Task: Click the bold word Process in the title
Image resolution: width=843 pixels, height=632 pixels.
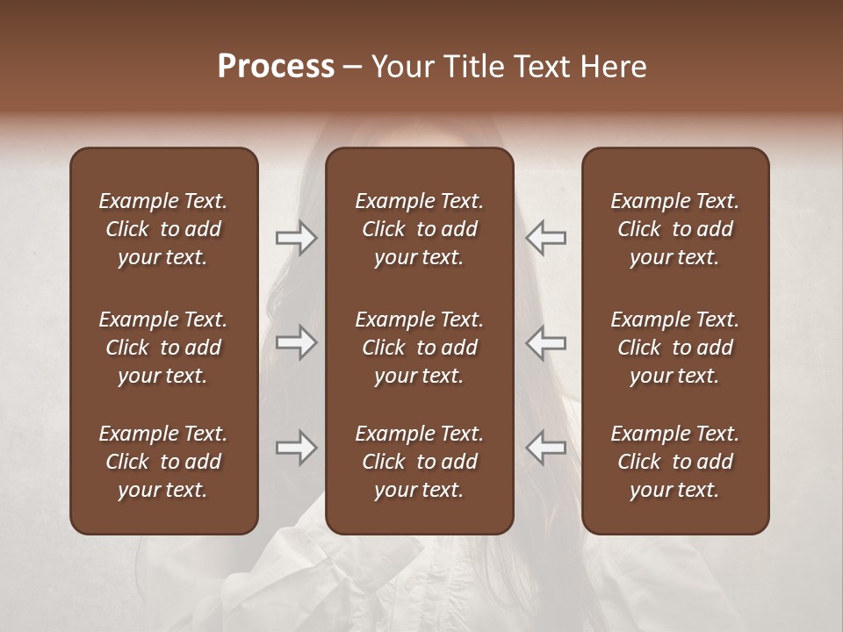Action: click(276, 67)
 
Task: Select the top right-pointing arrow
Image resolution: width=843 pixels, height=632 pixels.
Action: click(296, 238)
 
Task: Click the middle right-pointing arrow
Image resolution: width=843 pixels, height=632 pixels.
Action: click(296, 342)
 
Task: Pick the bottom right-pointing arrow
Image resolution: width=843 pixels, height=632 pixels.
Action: click(296, 448)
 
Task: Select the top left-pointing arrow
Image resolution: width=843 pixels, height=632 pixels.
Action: click(546, 238)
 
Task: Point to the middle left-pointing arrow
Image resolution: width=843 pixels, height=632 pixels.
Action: click(546, 342)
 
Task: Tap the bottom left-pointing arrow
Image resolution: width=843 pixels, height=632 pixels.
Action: click(546, 448)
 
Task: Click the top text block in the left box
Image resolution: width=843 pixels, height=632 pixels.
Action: click(163, 229)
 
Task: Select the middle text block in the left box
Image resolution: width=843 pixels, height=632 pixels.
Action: click(163, 348)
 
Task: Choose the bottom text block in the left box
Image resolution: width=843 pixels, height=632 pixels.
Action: click(163, 462)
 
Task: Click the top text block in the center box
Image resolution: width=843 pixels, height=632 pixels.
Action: click(419, 229)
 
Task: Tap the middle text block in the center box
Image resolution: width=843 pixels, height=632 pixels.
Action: click(419, 348)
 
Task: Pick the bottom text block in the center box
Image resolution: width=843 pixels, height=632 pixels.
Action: click(419, 462)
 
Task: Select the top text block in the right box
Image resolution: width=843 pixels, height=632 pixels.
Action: click(674, 229)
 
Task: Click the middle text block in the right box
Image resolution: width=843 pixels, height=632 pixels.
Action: click(674, 348)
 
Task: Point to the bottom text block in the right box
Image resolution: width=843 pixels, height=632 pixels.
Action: click(674, 462)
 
